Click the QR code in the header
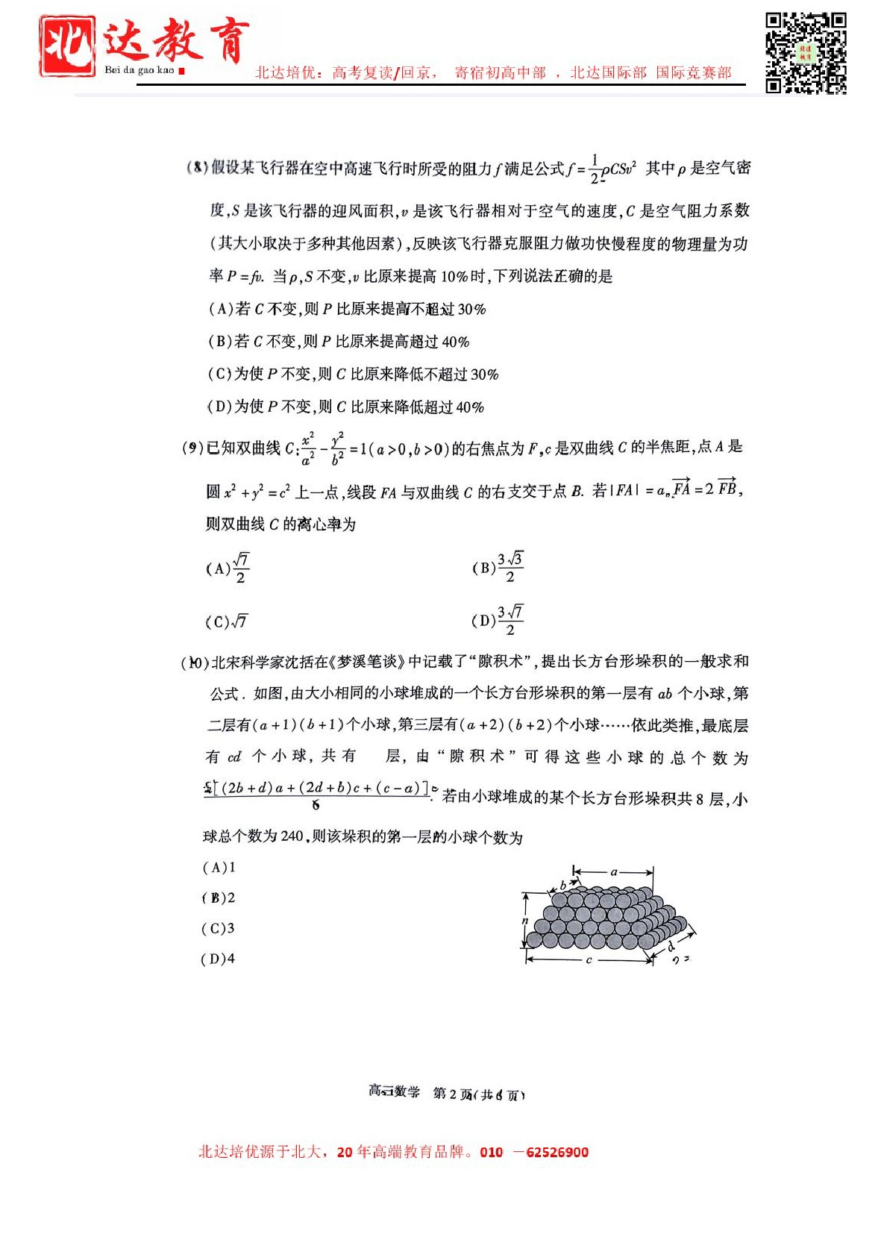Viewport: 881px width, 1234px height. pos(806,52)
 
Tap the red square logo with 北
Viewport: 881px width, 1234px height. pos(67,46)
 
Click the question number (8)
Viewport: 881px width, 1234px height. pos(197,168)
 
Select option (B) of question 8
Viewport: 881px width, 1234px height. pos(339,342)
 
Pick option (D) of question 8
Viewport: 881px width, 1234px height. pos(345,407)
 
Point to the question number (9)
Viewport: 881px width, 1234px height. pos(192,448)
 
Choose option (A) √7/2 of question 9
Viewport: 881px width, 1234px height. pos(228,569)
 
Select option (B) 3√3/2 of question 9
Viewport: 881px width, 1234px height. pos(498,568)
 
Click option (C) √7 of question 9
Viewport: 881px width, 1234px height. pos(226,621)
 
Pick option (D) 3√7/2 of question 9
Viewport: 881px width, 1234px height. pos(498,620)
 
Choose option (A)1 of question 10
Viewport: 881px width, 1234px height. pos(219,868)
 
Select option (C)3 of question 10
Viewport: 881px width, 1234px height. pos(218,929)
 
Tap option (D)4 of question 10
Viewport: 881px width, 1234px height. pos(218,959)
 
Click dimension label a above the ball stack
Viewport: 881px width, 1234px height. pos(614,871)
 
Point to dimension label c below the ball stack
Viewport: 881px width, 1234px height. pos(589,960)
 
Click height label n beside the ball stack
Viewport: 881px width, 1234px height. pos(525,921)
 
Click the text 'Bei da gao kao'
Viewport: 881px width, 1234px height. pos(139,70)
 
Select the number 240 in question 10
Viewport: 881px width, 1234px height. pos(292,836)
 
